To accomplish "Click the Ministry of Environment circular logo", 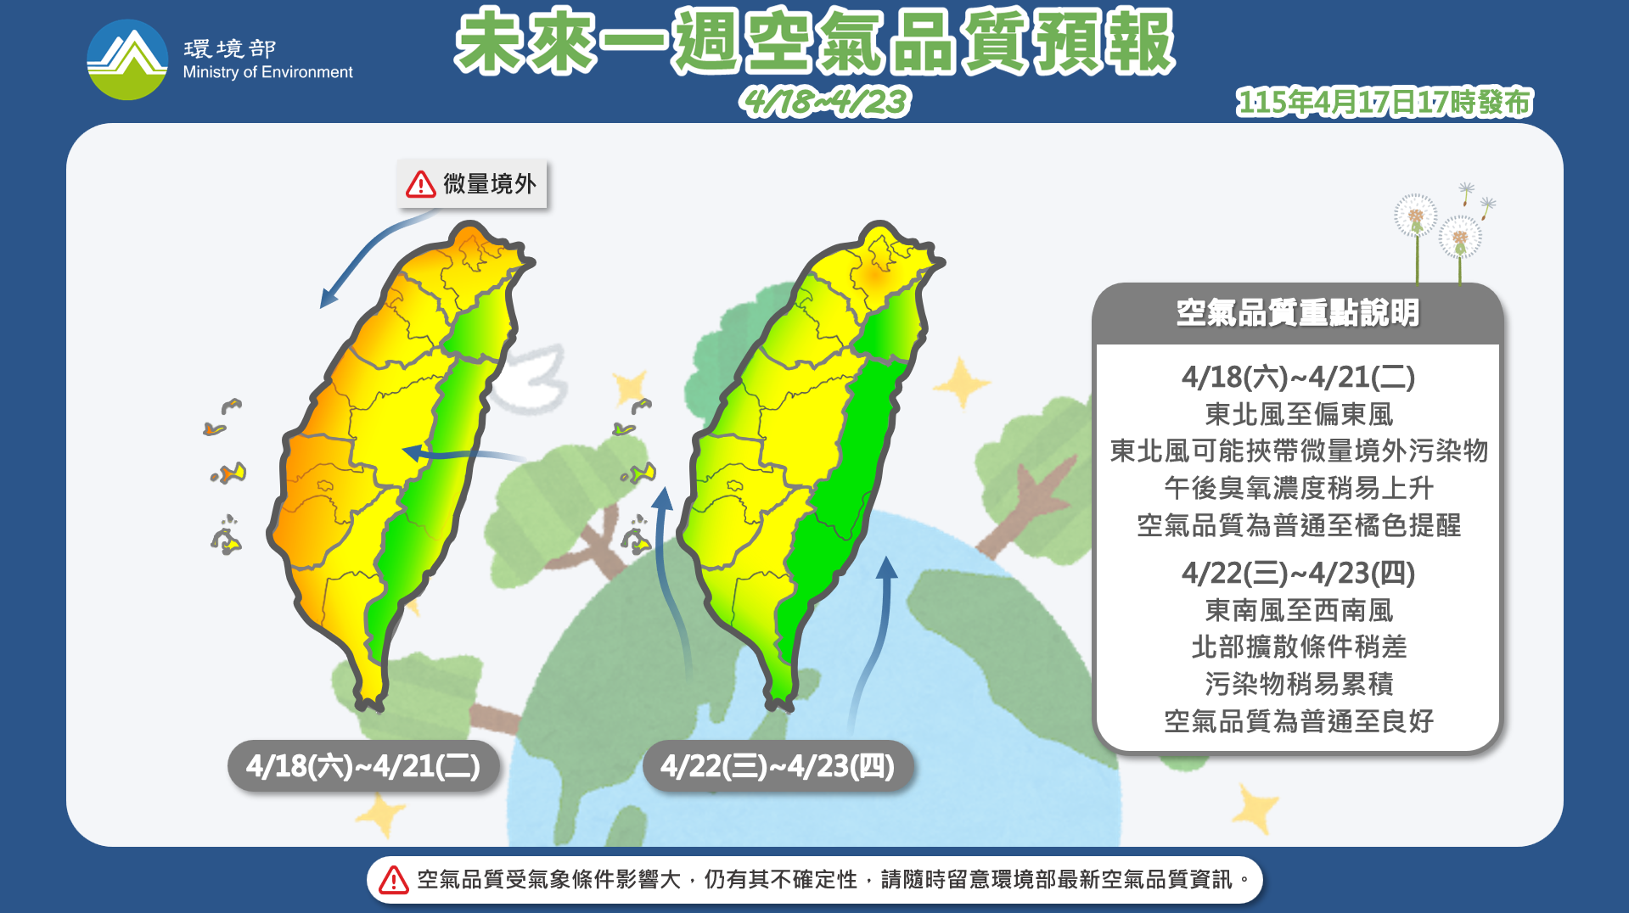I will (127, 59).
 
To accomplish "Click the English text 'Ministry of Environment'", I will (267, 73).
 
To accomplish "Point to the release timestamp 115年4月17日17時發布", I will (1384, 103).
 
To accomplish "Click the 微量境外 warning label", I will (473, 183).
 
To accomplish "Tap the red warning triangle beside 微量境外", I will (421, 184).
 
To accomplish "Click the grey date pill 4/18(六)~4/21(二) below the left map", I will (363, 766).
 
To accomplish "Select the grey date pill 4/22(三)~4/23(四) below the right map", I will (778, 766).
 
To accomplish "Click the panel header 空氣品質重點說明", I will (1297, 313).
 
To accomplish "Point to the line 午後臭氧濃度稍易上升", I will (1298, 488).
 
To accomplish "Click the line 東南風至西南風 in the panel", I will (1298, 610).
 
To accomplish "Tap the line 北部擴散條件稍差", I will (1298, 647).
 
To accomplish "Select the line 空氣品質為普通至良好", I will (1298, 721).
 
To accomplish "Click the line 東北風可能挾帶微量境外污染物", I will (1298, 451).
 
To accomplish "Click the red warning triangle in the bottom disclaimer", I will (394, 880).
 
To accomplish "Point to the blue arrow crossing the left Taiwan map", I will (458, 455).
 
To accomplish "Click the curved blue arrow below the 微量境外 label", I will (365, 259).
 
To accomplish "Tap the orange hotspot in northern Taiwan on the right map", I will (876, 276).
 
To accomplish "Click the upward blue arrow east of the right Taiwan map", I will (879, 628).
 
